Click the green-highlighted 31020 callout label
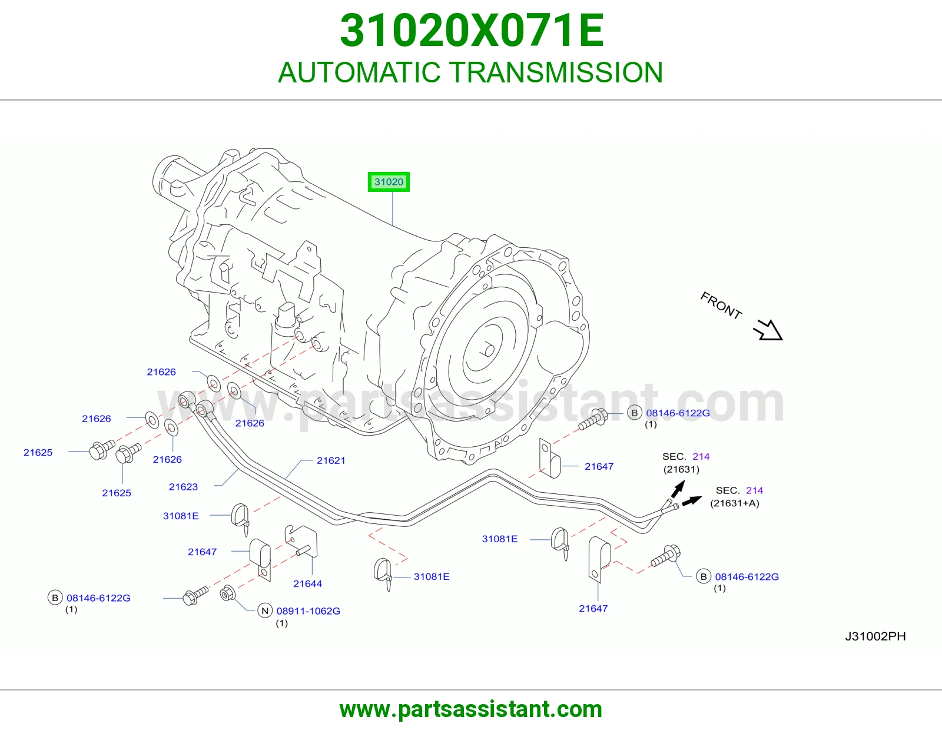(x=389, y=182)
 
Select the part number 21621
(x=331, y=460)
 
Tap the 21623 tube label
(x=183, y=487)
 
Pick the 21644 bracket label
(x=307, y=583)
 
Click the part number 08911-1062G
(x=309, y=611)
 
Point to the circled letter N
(x=265, y=611)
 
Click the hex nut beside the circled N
(x=228, y=593)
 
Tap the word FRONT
(x=721, y=305)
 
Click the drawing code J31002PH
(x=875, y=636)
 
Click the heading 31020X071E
(x=472, y=31)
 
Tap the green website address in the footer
(x=471, y=709)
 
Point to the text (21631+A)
(x=734, y=503)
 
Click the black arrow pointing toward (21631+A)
(x=692, y=500)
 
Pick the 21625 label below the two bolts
(x=117, y=493)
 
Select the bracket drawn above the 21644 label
(x=301, y=542)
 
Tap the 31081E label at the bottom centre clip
(x=432, y=576)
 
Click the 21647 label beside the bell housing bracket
(x=599, y=466)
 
